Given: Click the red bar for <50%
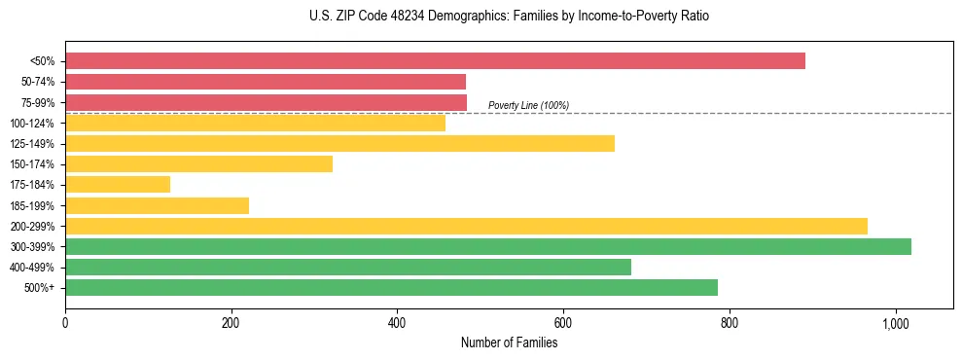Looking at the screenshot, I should pyautogui.click(x=435, y=60).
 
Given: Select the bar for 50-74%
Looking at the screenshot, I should pyautogui.click(x=266, y=82).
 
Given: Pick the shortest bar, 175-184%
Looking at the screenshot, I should pyautogui.click(x=118, y=185).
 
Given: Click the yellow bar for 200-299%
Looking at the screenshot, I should pyautogui.click(x=466, y=226).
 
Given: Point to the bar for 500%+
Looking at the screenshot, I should pyautogui.click(x=391, y=288).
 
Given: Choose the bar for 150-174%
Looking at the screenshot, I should pyautogui.click(x=198, y=164).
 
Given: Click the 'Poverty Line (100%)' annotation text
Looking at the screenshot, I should pyautogui.click(x=528, y=105).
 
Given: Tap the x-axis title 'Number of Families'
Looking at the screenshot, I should pyautogui.click(x=509, y=342).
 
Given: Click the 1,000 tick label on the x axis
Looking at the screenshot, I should pyautogui.click(x=895, y=323).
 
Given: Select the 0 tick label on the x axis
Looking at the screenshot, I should pyautogui.click(x=65, y=323).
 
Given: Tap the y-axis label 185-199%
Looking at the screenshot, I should pyautogui.click(x=33, y=205).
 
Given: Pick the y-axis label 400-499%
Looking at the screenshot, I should pyautogui.click(x=33, y=268).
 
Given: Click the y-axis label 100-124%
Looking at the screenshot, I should pyautogui.click(x=33, y=123).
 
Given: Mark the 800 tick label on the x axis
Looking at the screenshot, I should pyautogui.click(x=729, y=323).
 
